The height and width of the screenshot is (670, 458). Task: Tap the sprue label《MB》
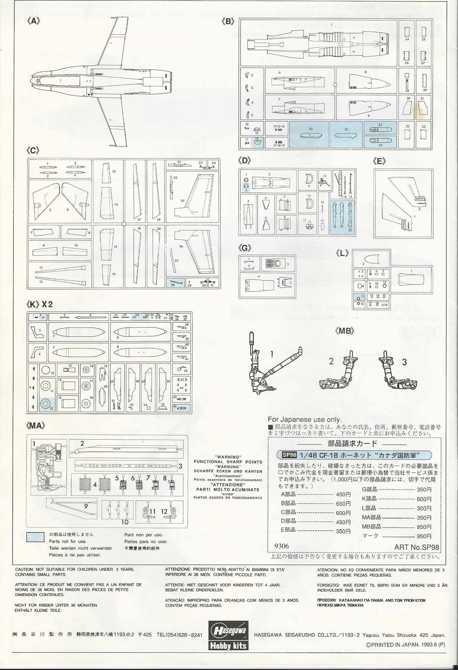tap(345, 331)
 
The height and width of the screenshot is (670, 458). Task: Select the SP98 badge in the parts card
tap(289, 455)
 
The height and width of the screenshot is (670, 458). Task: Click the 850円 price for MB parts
tap(424, 527)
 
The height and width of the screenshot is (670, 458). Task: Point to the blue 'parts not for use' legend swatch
tap(35, 537)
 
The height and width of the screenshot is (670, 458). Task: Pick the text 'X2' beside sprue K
tap(47, 304)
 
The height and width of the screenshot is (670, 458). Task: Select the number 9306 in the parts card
tap(282, 546)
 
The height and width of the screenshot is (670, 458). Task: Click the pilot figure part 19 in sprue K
tap(102, 373)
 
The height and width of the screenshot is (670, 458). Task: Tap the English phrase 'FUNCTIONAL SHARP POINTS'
tap(228, 462)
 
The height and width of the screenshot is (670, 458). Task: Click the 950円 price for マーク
tap(424, 536)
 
